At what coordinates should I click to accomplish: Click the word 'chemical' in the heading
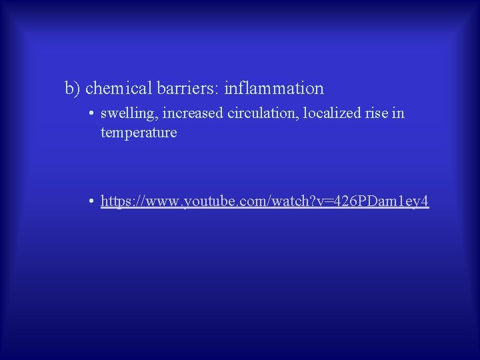[118, 88]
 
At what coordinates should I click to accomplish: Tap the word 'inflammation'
[274, 88]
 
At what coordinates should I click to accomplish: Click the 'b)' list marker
[73, 88]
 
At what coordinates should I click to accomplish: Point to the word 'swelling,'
[129, 113]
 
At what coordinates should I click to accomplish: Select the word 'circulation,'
[263, 113]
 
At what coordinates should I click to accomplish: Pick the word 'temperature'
[139, 133]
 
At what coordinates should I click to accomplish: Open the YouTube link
[265, 201]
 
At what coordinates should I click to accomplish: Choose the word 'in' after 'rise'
[398, 113]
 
